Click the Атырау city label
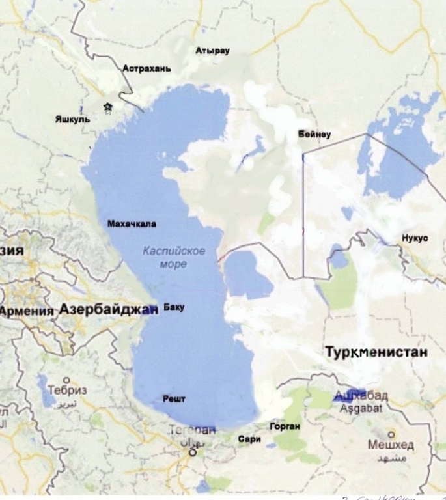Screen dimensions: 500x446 click(213, 50)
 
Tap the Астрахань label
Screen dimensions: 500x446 click(146, 68)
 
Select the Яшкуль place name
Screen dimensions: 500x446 click(72, 119)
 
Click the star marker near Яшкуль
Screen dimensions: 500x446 click(107, 107)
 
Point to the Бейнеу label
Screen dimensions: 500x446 click(314, 135)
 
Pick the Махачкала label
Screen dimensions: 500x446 click(132, 223)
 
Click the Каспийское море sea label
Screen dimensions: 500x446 click(174, 257)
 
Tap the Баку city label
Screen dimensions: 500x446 click(174, 306)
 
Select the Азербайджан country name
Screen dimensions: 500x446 click(109, 310)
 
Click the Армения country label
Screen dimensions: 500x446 click(26, 311)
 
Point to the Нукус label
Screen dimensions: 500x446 click(415, 238)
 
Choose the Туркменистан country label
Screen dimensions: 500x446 click(376, 353)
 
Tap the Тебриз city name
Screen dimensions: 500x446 click(67, 393)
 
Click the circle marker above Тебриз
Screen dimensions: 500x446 click(66, 380)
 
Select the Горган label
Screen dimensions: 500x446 click(284, 427)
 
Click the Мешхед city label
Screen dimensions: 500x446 click(391, 446)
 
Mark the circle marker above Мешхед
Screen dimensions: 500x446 click(391, 434)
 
